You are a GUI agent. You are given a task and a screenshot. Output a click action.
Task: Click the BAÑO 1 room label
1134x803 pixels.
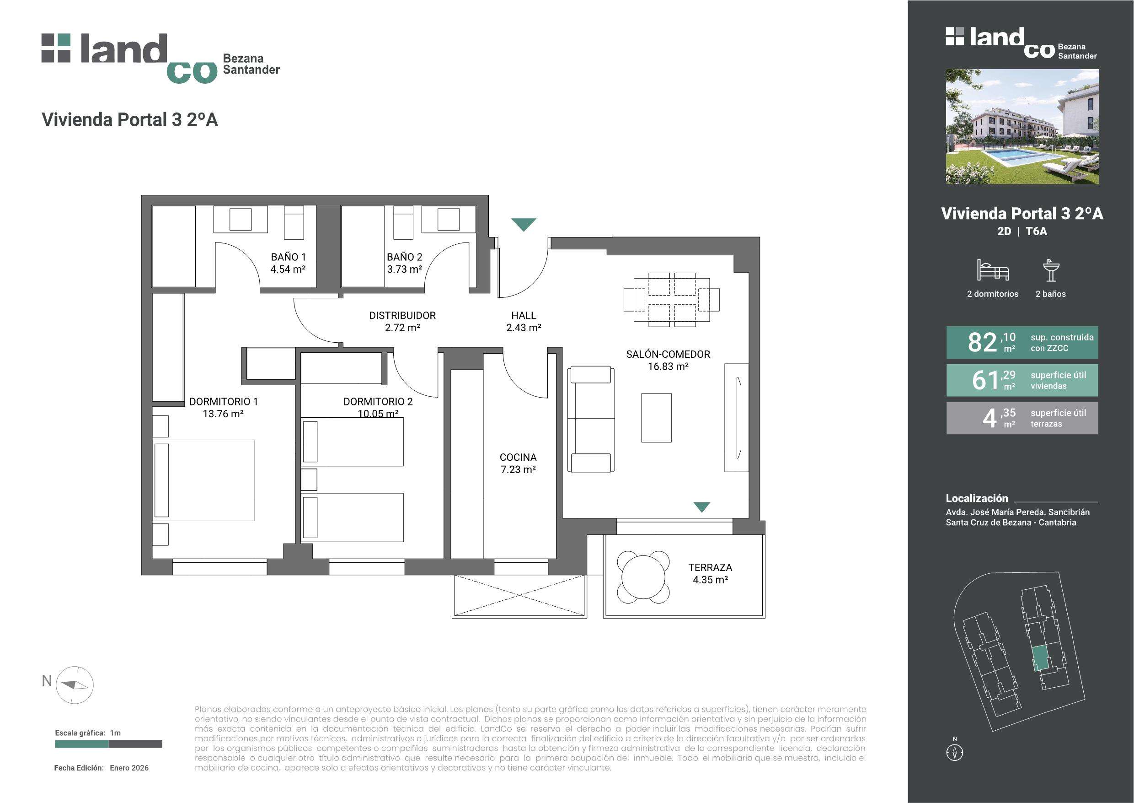coord(288,257)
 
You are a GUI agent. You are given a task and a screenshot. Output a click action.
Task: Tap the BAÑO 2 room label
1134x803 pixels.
coord(404,257)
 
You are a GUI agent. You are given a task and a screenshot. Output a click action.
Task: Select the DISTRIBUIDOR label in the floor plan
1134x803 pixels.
coord(402,315)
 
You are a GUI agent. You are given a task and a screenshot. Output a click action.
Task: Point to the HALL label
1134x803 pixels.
coord(524,315)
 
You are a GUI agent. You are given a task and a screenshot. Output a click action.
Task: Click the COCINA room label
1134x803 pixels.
coord(518,458)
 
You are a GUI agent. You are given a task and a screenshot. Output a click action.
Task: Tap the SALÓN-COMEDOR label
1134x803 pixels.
coord(668,354)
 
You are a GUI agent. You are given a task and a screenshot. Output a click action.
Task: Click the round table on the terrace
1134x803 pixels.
coord(643,577)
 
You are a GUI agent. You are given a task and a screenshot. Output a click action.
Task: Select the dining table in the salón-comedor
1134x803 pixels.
coord(672,300)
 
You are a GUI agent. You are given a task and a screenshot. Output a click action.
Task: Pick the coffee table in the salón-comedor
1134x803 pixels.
coord(656,418)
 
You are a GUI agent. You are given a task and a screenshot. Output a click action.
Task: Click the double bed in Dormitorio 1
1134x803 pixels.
coord(203,480)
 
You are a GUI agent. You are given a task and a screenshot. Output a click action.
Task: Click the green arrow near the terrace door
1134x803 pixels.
coord(701,507)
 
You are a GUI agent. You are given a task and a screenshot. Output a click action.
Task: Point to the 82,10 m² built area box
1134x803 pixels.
coord(1022,342)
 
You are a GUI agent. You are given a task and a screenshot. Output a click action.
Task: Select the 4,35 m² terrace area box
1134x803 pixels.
coord(1022,418)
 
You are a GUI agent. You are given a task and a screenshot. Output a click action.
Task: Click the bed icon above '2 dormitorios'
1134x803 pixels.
coord(992,270)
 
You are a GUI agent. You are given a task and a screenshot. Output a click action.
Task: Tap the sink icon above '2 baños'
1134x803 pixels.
coord(1051,270)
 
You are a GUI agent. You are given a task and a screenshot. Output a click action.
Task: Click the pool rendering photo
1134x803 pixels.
coord(1022,127)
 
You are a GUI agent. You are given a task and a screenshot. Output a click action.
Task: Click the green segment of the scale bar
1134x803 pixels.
coord(81,744)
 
